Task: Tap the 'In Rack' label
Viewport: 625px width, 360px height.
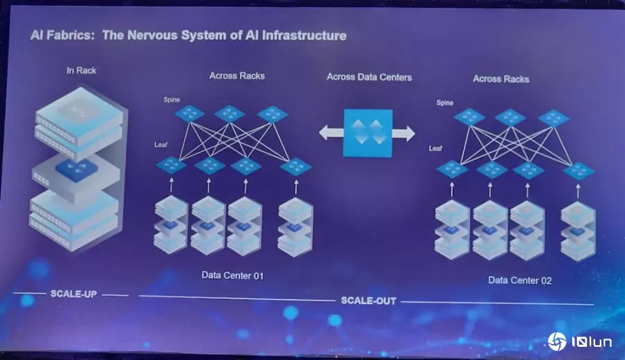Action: point(81,70)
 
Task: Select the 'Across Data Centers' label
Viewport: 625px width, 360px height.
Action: point(369,76)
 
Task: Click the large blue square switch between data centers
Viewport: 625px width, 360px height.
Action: point(367,132)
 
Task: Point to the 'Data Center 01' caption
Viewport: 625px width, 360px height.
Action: point(233,275)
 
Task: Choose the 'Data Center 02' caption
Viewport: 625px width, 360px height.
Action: point(519,280)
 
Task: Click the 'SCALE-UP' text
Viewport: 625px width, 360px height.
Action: point(73,294)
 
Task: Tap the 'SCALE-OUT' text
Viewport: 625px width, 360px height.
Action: point(368,300)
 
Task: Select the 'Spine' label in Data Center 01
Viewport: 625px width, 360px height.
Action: point(172,100)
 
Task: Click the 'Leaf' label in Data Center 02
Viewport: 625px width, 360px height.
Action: point(435,148)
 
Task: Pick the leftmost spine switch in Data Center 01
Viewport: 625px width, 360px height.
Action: point(190,113)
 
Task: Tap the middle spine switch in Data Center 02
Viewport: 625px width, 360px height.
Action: point(510,117)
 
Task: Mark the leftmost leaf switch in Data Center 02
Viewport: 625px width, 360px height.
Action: point(452,170)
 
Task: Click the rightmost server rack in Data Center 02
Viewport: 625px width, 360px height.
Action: point(578,230)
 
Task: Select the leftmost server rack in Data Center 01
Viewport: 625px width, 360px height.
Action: point(171,224)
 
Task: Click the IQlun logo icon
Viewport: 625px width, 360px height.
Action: point(557,341)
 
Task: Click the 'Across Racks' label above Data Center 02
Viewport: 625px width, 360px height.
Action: point(501,79)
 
